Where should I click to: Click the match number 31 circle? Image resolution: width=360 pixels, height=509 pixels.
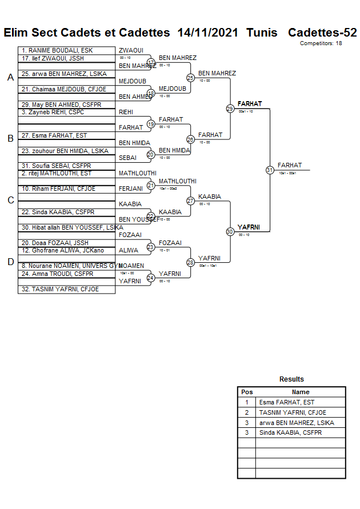click(x=270, y=170)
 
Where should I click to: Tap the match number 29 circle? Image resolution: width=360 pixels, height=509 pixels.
click(x=230, y=109)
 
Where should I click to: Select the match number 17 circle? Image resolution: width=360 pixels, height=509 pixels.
click(x=151, y=62)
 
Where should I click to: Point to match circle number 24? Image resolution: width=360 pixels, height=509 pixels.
click(x=151, y=278)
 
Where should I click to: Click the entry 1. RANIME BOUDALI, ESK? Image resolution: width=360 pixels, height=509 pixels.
click(x=57, y=50)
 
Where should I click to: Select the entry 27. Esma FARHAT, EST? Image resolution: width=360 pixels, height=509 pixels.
click(x=54, y=135)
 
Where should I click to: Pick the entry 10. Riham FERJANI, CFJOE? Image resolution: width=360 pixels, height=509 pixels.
click(x=58, y=189)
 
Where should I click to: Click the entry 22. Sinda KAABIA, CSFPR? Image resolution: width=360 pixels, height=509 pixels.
click(x=58, y=212)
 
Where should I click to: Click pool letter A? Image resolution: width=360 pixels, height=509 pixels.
click(x=10, y=78)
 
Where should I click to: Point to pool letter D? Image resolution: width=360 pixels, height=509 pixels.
click(x=10, y=262)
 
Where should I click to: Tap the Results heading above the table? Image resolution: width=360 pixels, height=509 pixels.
click(x=291, y=379)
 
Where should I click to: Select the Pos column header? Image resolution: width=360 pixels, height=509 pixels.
click(x=247, y=392)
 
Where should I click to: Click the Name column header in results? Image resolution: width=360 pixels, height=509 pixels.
click(x=301, y=392)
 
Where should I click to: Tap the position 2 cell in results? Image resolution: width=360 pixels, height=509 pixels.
click(x=247, y=412)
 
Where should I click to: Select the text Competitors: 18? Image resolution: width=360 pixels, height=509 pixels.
click(x=321, y=43)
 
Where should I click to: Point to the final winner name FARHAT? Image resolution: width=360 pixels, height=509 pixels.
click(x=290, y=165)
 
